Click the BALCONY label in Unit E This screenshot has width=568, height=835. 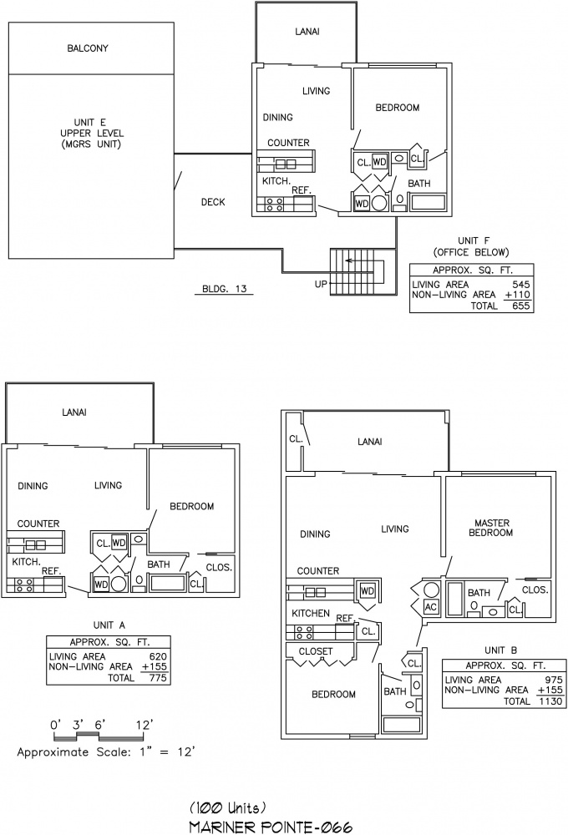[x=88, y=48]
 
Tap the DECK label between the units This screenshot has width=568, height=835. [x=213, y=202]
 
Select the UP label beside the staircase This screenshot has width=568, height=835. [x=321, y=285]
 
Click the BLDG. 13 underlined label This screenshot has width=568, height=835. [x=225, y=289]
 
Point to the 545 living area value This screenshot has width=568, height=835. [x=520, y=285]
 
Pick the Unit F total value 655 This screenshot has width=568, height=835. [x=520, y=306]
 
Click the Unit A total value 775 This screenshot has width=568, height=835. [x=158, y=678]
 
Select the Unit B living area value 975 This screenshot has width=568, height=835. [x=554, y=680]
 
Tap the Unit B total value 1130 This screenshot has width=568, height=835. [x=550, y=701]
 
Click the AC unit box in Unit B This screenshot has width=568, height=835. [x=430, y=606]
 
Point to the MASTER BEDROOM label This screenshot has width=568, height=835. [x=491, y=528]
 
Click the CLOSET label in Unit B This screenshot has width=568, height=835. [x=316, y=651]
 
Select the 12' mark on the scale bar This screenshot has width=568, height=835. [x=144, y=725]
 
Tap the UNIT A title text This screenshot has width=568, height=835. [x=109, y=625]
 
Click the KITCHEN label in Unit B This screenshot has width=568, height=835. [x=311, y=614]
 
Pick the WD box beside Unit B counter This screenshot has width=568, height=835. [x=368, y=590]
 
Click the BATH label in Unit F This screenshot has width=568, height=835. [x=418, y=183]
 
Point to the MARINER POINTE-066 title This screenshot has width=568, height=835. [x=271, y=827]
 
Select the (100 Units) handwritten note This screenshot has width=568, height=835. [x=228, y=808]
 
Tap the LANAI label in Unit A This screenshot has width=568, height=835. [x=74, y=412]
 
